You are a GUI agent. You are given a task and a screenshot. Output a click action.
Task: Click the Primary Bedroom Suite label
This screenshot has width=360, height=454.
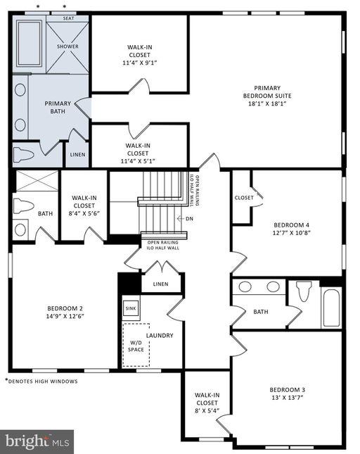coord(267,92)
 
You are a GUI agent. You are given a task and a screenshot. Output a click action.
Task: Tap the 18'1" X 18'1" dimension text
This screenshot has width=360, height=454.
coord(267,103)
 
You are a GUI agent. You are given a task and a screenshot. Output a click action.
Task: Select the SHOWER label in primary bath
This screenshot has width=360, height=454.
coord(67,46)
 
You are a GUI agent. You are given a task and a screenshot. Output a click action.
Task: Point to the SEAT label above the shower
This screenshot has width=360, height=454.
coord(68,18)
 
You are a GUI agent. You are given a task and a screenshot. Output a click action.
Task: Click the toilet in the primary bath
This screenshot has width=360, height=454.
coord(24,154)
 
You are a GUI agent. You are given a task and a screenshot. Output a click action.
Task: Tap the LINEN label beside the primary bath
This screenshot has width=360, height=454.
coord(77,155)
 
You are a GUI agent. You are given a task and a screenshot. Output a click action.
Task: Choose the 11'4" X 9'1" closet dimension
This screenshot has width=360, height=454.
coord(140,63)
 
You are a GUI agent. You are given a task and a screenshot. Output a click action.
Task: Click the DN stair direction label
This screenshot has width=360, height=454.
coord(189,219)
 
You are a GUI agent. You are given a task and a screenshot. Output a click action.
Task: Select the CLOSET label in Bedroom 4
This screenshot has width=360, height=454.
coord(244,198)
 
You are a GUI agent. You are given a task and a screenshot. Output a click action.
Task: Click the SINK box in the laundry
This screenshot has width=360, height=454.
coord(131,308)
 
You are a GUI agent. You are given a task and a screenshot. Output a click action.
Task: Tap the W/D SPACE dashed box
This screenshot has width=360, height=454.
coord(136,345)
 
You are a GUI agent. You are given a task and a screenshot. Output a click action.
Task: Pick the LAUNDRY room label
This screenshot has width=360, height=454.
coord(160,336)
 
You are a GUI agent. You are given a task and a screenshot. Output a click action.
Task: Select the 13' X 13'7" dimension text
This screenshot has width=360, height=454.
coord(287,398)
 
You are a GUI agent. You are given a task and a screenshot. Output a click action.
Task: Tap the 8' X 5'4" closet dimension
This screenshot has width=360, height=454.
coord(207,410)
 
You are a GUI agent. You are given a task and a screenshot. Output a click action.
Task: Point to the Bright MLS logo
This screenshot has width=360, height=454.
coord(37,442)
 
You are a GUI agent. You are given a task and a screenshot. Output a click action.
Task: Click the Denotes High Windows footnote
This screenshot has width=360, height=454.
coord(41,382)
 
